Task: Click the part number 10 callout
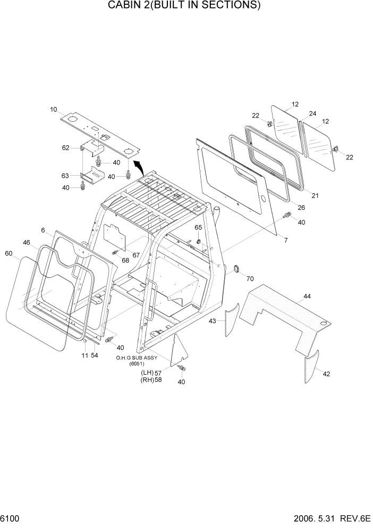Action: [x=54, y=110]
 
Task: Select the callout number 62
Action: [x=66, y=148]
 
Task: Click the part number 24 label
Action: [x=312, y=113]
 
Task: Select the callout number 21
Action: [x=315, y=196]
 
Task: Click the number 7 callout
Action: [x=285, y=241]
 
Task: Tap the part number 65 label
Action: [x=198, y=227]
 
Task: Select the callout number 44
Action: [x=307, y=296]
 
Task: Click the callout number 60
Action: [x=9, y=253]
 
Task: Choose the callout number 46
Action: [x=26, y=242]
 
